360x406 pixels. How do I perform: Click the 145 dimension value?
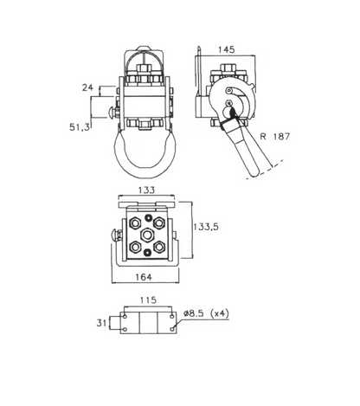[226, 49]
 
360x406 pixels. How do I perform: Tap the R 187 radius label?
[274, 136]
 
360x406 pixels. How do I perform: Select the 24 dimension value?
[87, 87]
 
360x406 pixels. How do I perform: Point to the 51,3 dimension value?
[80, 127]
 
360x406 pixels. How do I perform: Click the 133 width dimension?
[146, 190]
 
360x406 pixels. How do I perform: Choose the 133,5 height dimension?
[206, 227]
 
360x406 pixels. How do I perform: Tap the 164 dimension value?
[144, 277]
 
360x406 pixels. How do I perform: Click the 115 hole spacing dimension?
[148, 300]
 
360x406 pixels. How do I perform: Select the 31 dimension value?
[101, 323]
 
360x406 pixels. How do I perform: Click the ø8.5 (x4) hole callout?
[206, 313]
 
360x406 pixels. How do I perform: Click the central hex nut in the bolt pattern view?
[147, 235]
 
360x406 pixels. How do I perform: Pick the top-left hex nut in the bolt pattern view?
[135, 223]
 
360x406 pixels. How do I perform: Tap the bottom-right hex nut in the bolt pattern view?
[159, 248]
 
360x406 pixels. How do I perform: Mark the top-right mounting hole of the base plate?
[172, 317]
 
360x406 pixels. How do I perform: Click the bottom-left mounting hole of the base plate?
[125, 329]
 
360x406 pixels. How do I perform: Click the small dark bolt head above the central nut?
[148, 217]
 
